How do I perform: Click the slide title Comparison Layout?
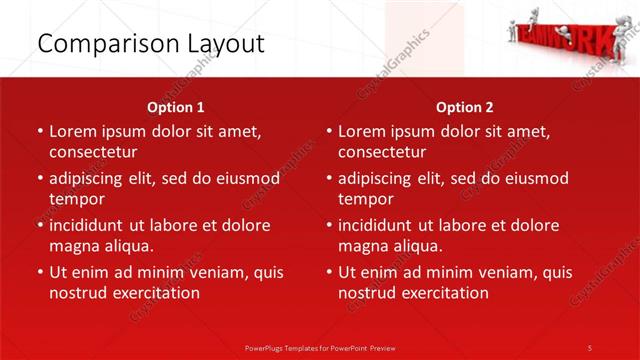click(x=151, y=44)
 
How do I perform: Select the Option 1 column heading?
click(x=176, y=107)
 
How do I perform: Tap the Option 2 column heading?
click(x=465, y=107)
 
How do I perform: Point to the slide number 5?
click(x=590, y=348)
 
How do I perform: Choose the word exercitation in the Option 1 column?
click(x=154, y=293)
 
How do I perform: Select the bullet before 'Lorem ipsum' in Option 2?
click(x=328, y=131)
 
